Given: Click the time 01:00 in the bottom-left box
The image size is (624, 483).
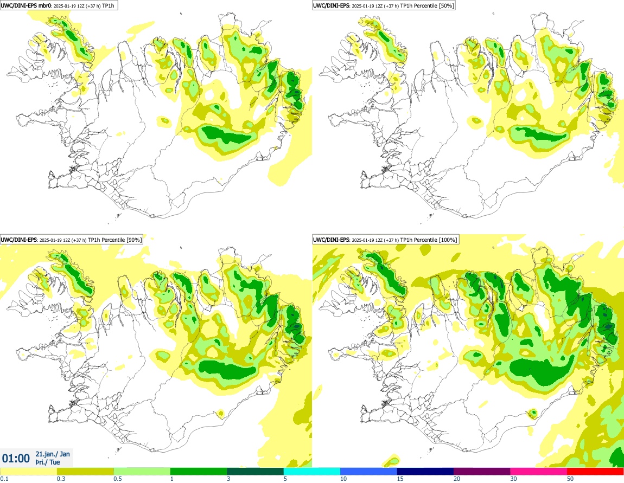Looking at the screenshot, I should click(x=16, y=458).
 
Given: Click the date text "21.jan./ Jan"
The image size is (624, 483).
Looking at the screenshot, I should click(x=53, y=454).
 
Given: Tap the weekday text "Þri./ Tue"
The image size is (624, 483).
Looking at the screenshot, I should click(x=48, y=462).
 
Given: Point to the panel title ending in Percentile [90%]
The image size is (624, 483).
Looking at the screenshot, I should click(x=71, y=240).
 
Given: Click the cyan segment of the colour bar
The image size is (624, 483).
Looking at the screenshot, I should click(x=312, y=472).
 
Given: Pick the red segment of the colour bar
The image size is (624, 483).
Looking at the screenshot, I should click(x=595, y=472).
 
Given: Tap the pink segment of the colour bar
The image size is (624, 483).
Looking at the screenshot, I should click(x=538, y=472).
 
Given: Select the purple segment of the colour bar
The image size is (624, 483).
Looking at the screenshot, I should click(x=482, y=472).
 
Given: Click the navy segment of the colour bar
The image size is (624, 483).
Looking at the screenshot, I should click(x=425, y=472).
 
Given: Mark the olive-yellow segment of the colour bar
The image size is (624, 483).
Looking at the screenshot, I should click(x=85, y=472).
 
